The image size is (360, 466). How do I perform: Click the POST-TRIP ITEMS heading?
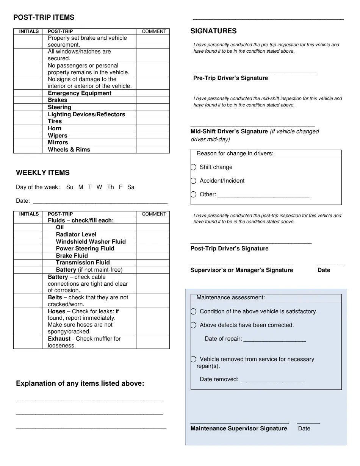44,17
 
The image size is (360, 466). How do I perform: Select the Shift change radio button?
194,167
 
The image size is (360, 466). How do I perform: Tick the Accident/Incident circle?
194,181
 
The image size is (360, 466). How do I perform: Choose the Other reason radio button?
194,194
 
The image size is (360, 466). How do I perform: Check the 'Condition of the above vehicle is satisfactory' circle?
194,311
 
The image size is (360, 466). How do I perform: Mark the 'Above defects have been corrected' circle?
194,325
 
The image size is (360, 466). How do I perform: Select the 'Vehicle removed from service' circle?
194,359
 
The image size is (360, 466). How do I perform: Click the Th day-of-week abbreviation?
110,187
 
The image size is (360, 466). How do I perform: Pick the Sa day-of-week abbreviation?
131,187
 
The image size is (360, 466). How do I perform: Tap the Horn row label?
55,128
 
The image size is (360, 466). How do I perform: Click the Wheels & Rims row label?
69,150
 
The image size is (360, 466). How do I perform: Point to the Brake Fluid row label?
72,256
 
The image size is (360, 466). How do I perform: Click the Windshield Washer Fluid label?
91,242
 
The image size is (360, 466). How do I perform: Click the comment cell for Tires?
153,122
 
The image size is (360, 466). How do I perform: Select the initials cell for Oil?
28,228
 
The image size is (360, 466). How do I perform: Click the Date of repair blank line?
274,339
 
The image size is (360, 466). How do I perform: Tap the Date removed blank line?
272,380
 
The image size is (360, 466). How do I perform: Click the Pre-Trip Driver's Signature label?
230,78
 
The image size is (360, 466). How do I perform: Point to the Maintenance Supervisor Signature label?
239,428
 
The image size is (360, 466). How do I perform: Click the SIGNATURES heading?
213,31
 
